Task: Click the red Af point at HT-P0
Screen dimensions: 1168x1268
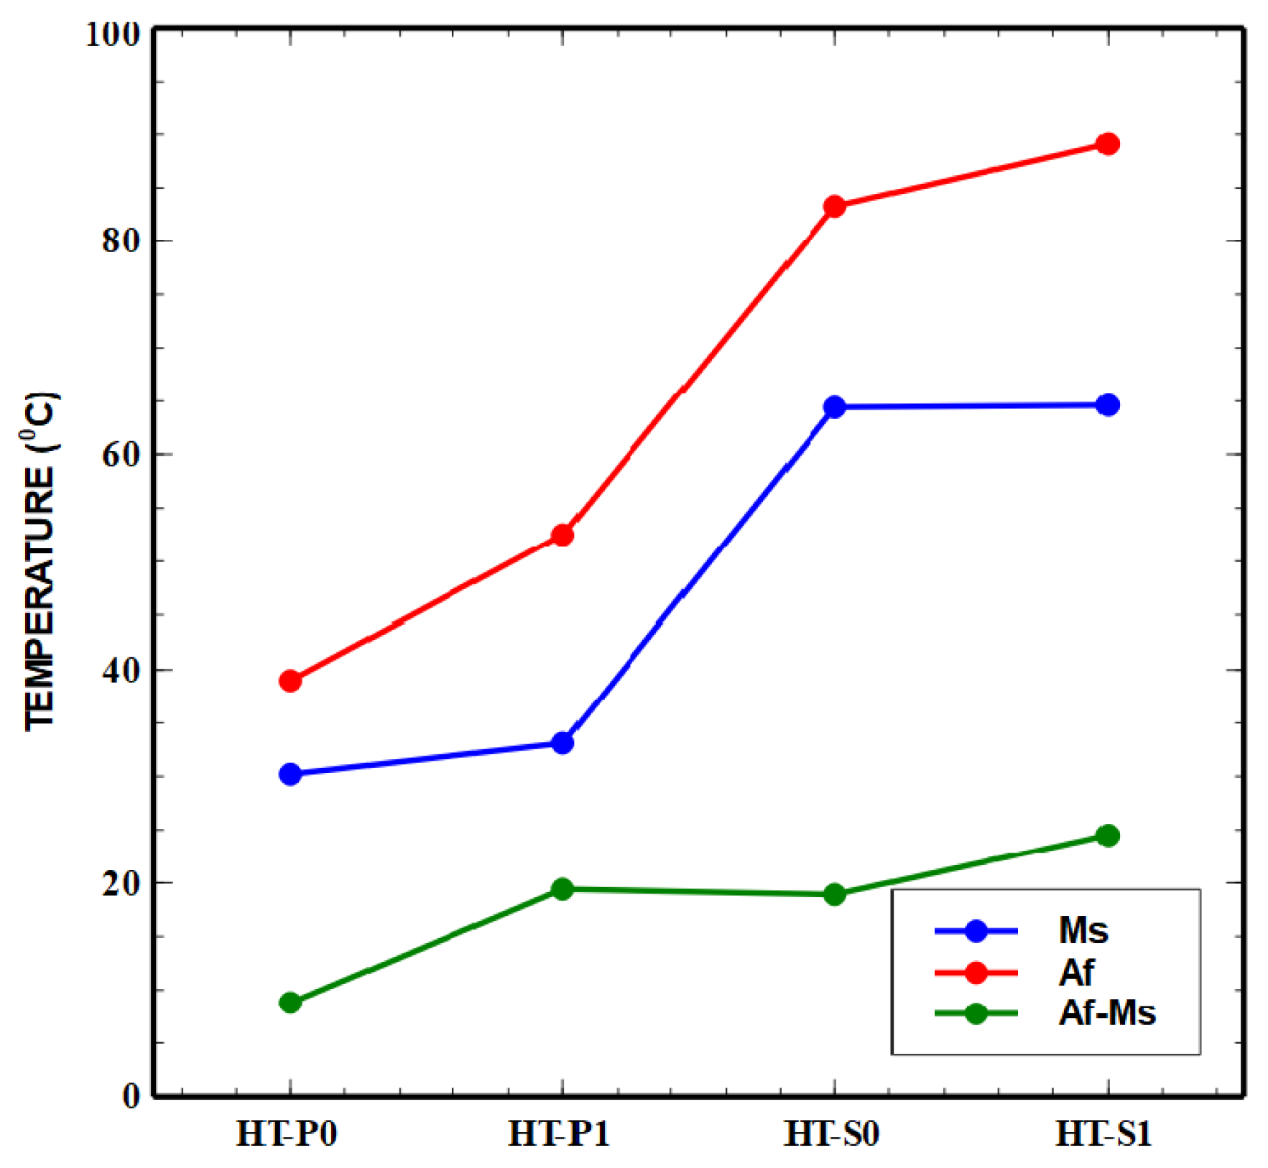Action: (x=290, y=680)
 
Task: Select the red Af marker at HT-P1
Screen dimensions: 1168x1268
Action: (x=562, y=535)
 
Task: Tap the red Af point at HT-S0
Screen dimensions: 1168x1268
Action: (x=834, y=207)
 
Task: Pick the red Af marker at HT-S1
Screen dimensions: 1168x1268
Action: (x=1107, y=144)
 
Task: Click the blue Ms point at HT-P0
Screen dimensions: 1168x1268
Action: (x=290, y=774)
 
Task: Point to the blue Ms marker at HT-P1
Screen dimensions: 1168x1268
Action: (x=562, y=743)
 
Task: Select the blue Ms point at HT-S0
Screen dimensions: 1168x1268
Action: (x=834, y=407)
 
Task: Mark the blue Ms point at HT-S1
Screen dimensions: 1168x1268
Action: (x=1107, y=405)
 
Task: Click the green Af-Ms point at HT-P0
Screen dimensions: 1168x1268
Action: (x=290, y=1002)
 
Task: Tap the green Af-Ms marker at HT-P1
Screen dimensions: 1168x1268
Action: (x=562, y=889)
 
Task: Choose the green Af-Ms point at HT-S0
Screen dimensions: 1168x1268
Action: (x=834, y=894)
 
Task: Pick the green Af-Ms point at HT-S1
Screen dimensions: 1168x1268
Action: (x=1107, y=835)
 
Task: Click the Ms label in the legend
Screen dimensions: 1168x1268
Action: (x=1083, y=931)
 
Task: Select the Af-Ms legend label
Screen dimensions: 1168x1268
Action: (x=1106, y=1014)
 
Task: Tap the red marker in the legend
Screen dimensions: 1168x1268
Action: (x=976, y=973)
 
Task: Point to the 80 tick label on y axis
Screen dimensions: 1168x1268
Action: (x=120, y=241)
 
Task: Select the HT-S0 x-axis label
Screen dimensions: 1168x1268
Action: (x=831, y=1135)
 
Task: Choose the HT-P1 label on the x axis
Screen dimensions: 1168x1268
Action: (x=559, y=1135)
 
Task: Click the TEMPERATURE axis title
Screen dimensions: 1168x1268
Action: (x=41, y=560)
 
